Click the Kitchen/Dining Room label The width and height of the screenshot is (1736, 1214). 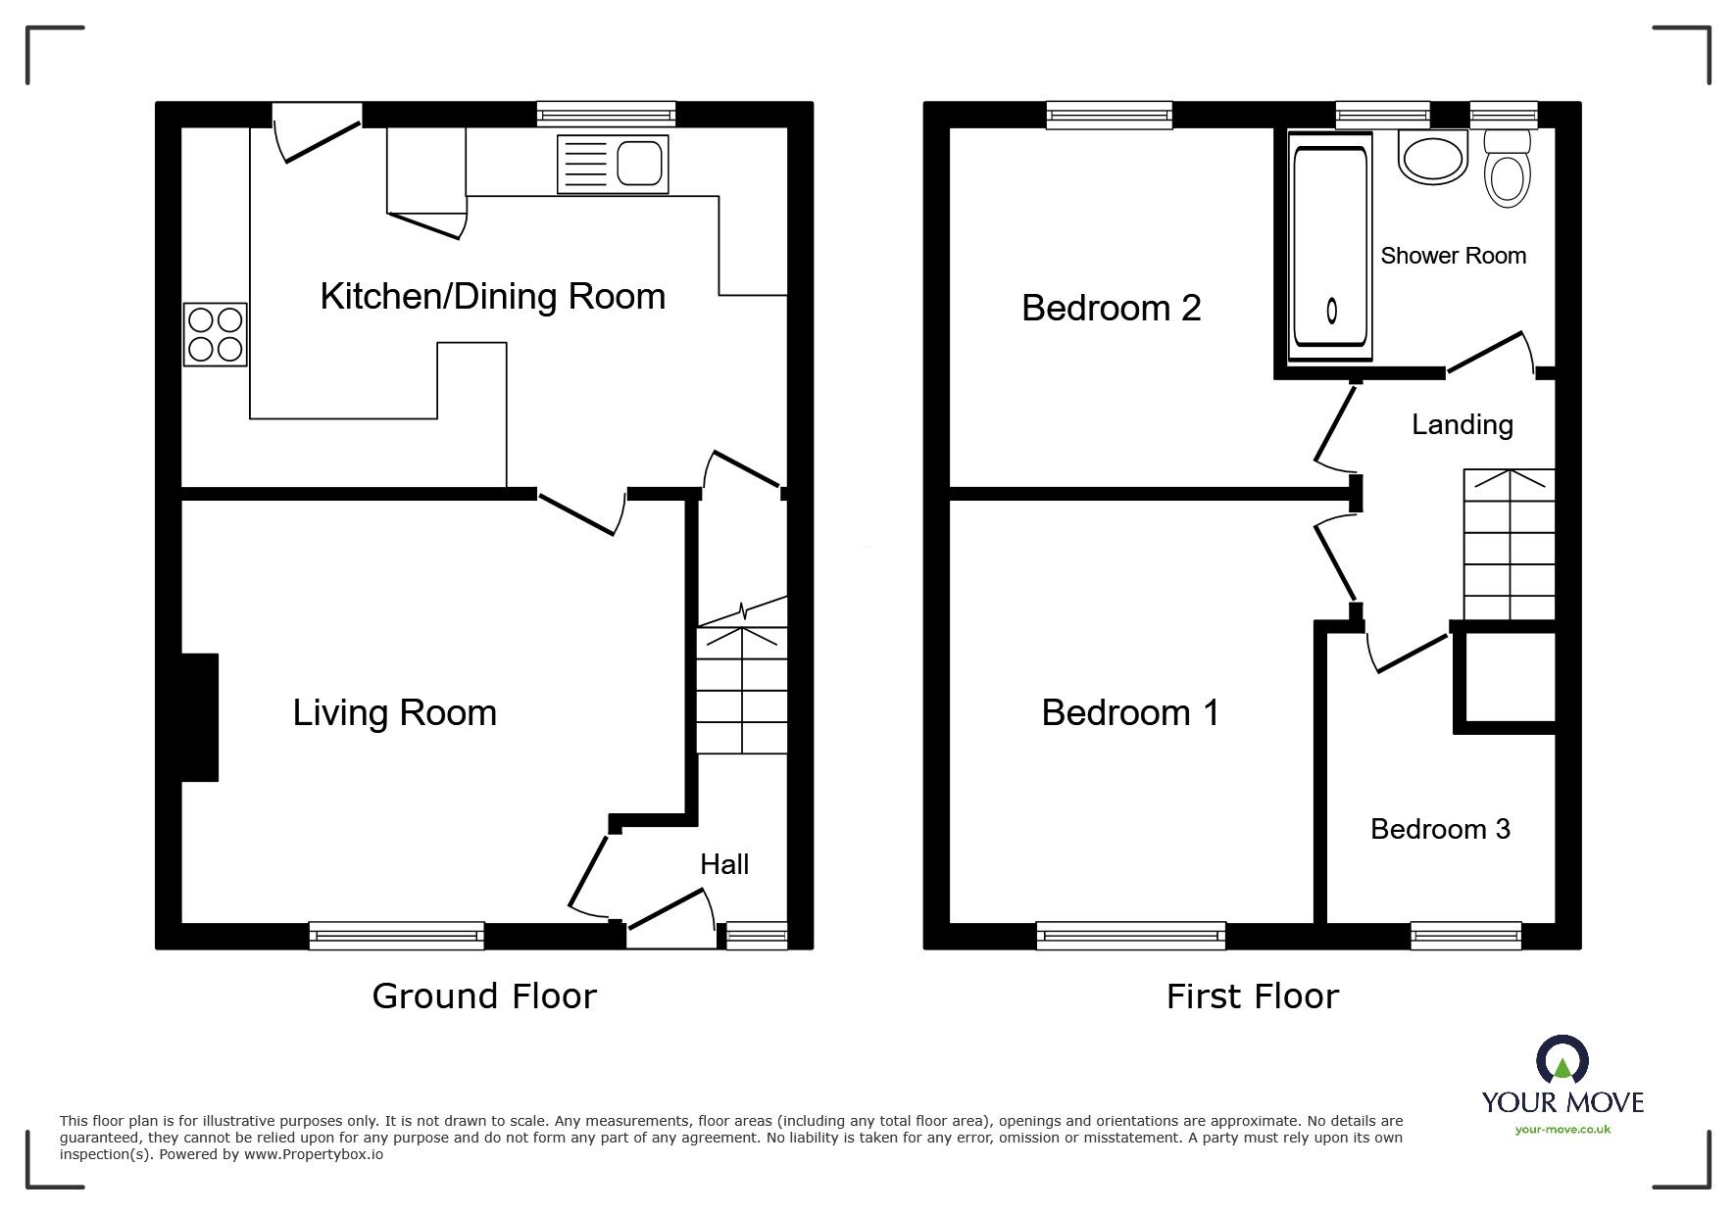pos(492,296)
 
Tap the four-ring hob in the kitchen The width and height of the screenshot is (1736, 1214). pos(215,334)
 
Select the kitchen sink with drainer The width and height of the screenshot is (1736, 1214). pos(613,164)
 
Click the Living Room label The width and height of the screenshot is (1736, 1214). pos(394,712)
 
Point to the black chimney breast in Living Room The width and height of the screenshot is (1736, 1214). pos(199,717)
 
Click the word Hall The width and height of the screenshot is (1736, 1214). pos(723,864)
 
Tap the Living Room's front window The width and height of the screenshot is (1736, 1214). pos(396,936)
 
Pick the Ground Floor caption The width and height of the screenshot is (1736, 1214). pos(484,996)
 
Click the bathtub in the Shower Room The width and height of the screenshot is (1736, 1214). pos(1330,246)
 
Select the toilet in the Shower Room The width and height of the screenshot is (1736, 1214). pos(1507,170)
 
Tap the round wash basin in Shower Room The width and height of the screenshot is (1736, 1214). pos(1432,160)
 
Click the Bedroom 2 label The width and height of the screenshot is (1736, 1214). pos(1111,308)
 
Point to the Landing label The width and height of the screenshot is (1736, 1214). pos(1462,424)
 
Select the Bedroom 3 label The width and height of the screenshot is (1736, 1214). pos(1439,829)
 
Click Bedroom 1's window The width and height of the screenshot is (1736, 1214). pos(1130,936)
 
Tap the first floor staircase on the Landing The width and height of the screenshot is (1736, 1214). pos(1509,545)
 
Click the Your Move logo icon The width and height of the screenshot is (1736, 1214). pos(1562,1060)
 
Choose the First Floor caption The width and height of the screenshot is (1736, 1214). pos(1252,996)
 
